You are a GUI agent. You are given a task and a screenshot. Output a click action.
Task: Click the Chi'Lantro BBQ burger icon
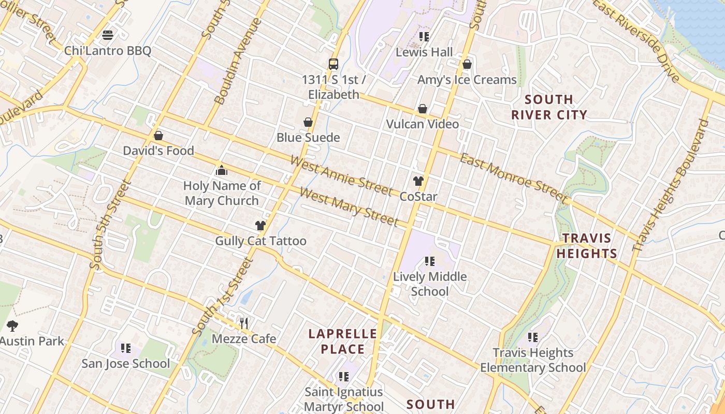click(x=108, y=35)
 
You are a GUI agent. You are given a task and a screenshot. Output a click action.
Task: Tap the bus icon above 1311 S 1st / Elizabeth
click(x=334, y=64)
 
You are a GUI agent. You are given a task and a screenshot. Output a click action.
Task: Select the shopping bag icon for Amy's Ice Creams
click(x=467, y=64)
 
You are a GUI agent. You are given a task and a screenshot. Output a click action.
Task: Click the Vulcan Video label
click(x=423, y=124)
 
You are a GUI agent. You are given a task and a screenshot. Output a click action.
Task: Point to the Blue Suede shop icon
click(x=308, y=122)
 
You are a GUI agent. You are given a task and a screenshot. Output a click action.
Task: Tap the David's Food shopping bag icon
click(x=158, y=136)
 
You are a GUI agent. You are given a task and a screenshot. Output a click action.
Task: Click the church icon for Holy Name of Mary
click(x=222, y=170)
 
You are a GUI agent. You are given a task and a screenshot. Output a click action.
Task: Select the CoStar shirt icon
click(x=418, y=181)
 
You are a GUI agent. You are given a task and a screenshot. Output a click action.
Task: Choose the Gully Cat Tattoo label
click(x=260, y=241)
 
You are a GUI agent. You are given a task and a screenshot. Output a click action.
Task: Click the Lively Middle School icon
click(x=429, y=261)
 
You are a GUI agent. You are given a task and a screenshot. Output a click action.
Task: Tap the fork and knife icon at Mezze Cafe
click(x=244, y=323)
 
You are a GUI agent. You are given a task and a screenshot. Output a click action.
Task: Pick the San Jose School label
click(x=125, y=364)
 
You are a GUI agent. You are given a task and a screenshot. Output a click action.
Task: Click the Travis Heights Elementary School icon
click(x=533, y=337)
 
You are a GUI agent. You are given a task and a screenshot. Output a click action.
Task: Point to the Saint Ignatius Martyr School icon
click(x=343, y=377)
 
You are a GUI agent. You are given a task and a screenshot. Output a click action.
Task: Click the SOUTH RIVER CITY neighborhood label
click(x=549, y=107)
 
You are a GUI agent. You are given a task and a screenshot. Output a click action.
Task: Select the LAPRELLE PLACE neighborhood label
click(x=342, y=341)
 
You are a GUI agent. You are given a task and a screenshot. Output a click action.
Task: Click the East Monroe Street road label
click(x=514, y=178)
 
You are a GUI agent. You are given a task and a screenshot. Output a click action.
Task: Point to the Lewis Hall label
click(x=424, y=52)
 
